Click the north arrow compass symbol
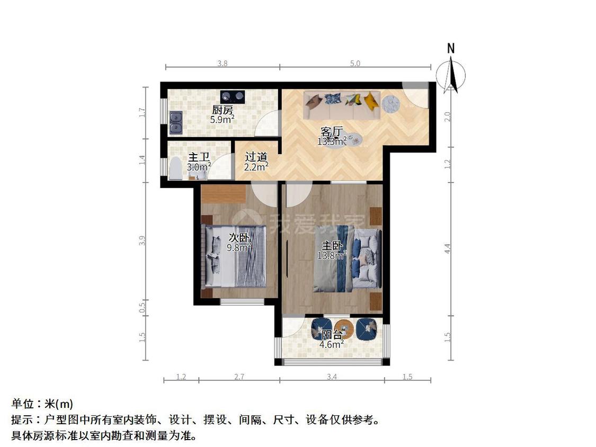click(451, 74)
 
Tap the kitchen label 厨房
click(223, 110)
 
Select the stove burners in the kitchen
click(232, 96)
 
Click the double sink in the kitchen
click(175, 122)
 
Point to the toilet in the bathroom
click(175, 168)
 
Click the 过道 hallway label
click(256, 157)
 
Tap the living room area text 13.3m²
click(332, 141)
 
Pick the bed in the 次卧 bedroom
click(235, 256)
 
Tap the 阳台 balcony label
click(332, 335)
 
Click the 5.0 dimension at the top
click(355, 64)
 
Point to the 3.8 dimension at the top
click(223, 64)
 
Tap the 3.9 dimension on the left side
click(142, 240)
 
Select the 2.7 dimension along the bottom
click(239, 377)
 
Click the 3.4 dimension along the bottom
click(332, 377)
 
